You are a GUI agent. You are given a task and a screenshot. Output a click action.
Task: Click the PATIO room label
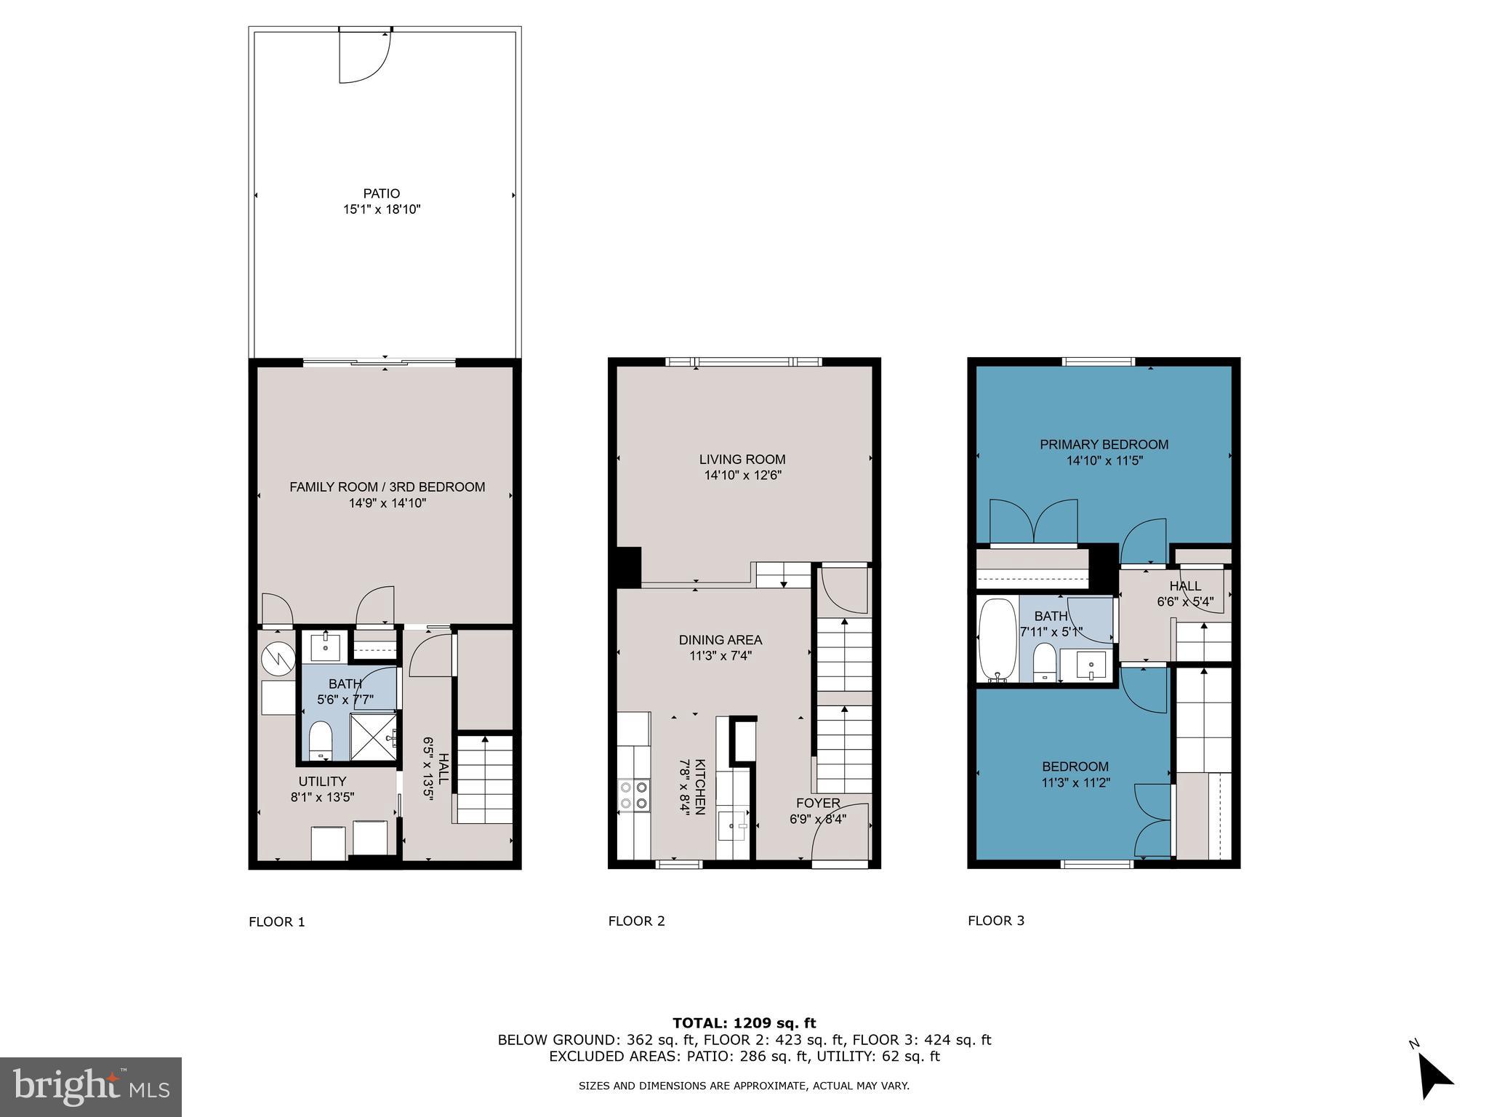tap(382, 193)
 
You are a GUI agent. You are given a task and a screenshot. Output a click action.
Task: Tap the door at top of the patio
tap(366, 55)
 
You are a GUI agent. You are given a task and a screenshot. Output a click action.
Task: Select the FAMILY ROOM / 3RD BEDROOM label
tap(387, 487)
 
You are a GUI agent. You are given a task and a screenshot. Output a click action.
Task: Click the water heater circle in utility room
tap(278, 659)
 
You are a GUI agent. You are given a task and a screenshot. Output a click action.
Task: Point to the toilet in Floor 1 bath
tap(320, 741)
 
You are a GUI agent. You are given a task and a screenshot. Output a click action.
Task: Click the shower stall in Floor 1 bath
tap(374, 737)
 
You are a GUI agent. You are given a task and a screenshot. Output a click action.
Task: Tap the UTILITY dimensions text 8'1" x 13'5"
tap(322, 797)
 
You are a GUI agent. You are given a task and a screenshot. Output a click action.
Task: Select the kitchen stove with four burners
tap(633, 794)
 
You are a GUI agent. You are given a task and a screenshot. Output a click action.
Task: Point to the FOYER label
tap(818, 803)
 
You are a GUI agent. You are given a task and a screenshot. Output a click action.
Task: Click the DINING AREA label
tap(721, 640)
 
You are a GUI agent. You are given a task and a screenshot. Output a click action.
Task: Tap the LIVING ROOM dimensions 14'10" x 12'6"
tap(742, 476)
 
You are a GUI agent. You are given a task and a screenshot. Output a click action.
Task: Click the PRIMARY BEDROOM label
tap(1104, 444)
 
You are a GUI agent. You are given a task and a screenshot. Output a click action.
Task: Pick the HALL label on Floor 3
tap(1185, 586)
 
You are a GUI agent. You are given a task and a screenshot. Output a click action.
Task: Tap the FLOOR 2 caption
tap(636, 921)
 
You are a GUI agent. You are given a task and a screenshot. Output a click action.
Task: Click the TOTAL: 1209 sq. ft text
tap(744, 1023)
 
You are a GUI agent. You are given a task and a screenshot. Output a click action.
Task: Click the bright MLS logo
tap(91, 1086)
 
